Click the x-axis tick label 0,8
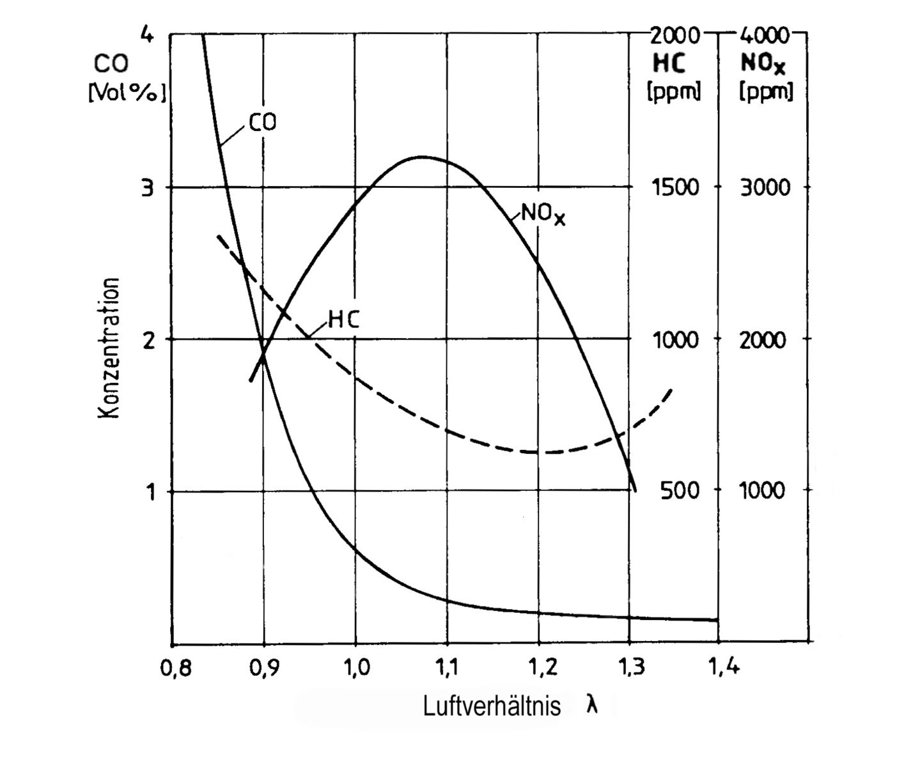click(173, 669)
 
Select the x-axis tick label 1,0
click(355, 669)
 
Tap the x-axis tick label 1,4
click(724, 669)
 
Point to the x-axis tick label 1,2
click(539, 669)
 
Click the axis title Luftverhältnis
click(492, 706)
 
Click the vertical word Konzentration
click(110, 348)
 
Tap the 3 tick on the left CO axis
click(148, 188)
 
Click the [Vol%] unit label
click(127, 93)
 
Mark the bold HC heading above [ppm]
click(669, 63)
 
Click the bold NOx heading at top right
click(763, 64)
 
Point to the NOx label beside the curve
click(543, 214)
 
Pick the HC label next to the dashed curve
click(344, 320)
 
